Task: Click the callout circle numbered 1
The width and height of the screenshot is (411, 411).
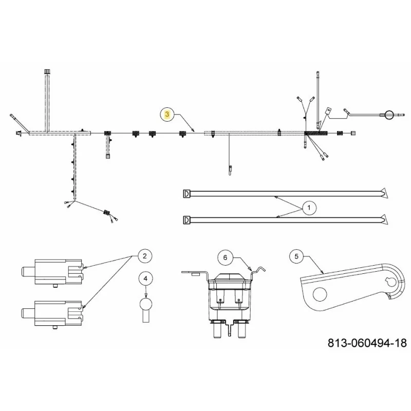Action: [309, 208]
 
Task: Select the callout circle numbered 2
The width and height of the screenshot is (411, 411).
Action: [145, 256]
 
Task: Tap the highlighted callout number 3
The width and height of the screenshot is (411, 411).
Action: [167, 114]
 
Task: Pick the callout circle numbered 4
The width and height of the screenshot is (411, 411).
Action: [146, 278]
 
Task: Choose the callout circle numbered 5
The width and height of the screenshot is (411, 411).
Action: [296, 256]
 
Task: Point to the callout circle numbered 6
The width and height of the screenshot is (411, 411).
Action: [225, 258]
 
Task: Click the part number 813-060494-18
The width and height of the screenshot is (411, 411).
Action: [367, 343]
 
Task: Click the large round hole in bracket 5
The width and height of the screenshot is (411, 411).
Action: [320, 294]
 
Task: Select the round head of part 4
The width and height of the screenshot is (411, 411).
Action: [145, 304]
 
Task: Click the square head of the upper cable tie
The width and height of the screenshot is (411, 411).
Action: [186, 194]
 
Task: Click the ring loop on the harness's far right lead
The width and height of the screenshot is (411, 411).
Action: [389, 115]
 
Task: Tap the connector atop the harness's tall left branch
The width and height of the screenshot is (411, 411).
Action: [47, 71]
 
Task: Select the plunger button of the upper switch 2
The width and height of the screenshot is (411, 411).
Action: [28, 272]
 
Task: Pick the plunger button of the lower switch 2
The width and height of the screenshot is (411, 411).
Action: [28, 313]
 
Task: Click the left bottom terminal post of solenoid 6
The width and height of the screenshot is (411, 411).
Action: [218, 330]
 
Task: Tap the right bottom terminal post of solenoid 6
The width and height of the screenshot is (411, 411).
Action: [242, 330]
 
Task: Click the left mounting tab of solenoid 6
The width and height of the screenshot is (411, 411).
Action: [194, 273]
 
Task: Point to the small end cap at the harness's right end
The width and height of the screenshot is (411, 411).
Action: [353, 133]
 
